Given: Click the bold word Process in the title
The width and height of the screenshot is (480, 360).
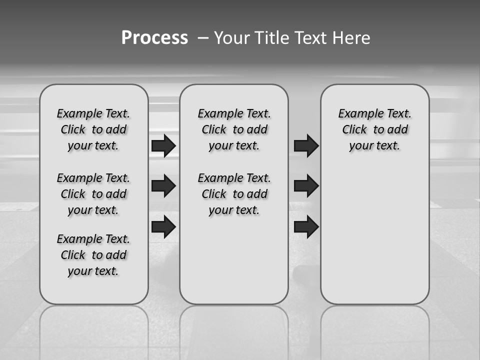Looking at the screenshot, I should (154, 37).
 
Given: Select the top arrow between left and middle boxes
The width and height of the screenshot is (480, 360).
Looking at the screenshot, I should (163, 146).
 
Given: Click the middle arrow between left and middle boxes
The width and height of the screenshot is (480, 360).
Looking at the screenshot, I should (163, 186).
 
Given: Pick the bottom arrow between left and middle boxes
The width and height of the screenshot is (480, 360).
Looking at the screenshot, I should (163, 226).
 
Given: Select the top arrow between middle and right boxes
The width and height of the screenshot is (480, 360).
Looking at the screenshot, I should (306, 146).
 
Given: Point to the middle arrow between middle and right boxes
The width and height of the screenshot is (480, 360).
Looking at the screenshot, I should (306, 186).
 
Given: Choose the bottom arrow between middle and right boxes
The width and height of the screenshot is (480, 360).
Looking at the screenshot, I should (306, 226).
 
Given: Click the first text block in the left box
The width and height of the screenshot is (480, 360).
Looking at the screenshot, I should (93, 129).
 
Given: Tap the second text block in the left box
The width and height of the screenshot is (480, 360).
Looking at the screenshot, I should (93, 194).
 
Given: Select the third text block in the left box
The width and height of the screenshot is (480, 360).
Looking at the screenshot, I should (93, 255).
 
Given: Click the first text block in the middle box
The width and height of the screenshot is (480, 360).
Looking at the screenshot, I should (234, 129).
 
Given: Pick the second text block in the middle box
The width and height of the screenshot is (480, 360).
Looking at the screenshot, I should (234, 194).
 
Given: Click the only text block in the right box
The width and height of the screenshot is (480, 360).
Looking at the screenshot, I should (374, 129).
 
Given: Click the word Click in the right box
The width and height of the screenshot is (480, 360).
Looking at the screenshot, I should (354, 130).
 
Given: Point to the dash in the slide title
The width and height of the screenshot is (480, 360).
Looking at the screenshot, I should (202, 38).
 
